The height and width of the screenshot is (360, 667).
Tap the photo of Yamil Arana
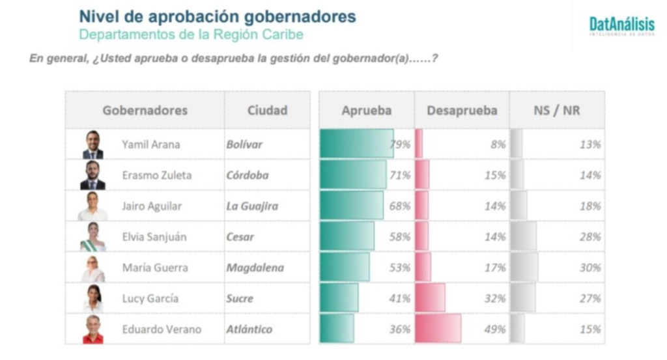coord(92,145)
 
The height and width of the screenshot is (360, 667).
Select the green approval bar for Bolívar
coord(356,144)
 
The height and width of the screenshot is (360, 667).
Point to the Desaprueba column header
coord(462,110)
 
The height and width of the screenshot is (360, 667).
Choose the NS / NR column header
coord(556,110)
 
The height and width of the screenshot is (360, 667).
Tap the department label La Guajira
coord(252,206)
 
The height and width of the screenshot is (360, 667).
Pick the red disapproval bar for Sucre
coord(430,298)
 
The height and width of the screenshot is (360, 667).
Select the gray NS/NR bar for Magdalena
coord(524,268)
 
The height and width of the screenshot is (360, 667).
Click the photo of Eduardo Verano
coord(92,329)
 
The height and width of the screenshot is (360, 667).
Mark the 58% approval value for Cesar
coord(399,237)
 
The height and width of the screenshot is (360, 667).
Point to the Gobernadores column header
coord(145,110)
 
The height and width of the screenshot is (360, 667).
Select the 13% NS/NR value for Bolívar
coord(590,145)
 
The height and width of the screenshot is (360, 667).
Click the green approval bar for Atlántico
coord(337,329)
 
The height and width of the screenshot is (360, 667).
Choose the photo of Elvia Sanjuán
coord(92,237)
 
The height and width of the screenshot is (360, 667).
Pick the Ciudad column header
coord(267,110)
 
